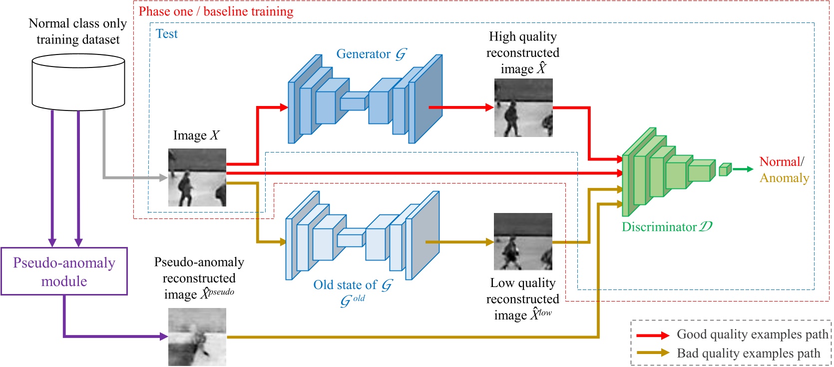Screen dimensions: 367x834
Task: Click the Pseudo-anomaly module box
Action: [x=64, y=271]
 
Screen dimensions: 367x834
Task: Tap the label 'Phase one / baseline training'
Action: [x=216, y=11]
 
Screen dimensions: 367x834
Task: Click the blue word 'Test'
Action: [x=166, y=34]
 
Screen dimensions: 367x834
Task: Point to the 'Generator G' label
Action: [x=371, y=54]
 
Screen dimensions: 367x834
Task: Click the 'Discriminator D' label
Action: [x=667, y=227]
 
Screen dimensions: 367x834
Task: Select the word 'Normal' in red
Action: [x=780, y=161]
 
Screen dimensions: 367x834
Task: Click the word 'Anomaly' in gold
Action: [x=784, y=178]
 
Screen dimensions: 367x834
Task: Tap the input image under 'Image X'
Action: [x=197, y=177]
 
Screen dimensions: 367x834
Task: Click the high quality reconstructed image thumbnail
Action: [x=523, y=108]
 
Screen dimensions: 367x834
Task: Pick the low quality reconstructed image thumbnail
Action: [x=523, y=241]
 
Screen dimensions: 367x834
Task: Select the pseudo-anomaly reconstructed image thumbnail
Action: [x=197, y=336]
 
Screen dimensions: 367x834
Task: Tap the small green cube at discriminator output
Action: [x=725, y=169]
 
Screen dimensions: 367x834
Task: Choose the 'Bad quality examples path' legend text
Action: [x=748, y=353]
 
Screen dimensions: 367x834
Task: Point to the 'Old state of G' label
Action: [x=352, y=285]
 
